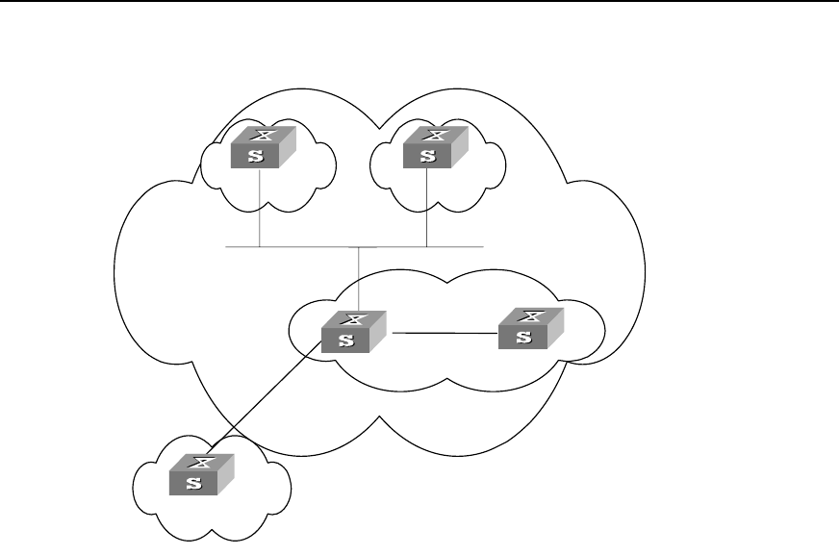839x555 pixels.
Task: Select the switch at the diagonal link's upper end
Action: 354,331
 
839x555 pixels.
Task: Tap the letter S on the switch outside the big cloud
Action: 192,484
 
